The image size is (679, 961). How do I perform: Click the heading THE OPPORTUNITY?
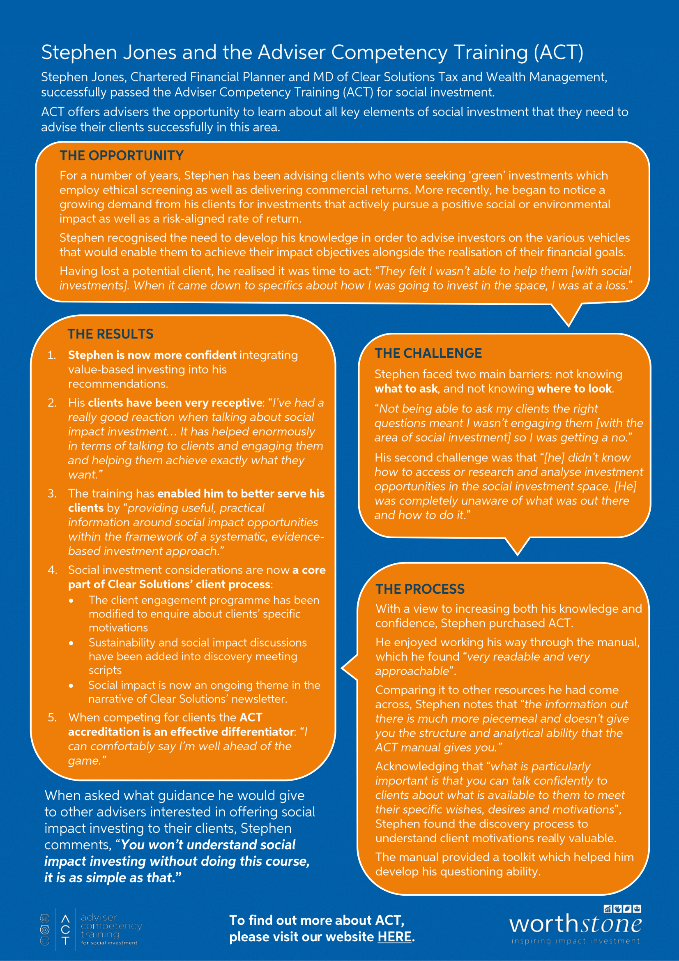tap(121, 156)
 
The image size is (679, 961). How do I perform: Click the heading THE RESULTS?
tap(110, 334)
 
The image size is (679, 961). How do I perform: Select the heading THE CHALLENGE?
tap(428, 353)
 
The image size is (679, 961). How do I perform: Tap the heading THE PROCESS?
tap(420, 589)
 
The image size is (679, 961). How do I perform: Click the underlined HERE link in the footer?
tap(394, 937)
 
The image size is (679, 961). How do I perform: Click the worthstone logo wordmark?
tap(575, 924)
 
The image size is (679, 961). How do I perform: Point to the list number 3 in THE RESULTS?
tap(52, 493)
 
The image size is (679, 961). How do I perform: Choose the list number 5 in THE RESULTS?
tap(52, 717)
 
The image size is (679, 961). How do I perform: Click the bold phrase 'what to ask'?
tap(406, 389)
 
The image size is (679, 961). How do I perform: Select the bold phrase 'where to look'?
tap(574, 389)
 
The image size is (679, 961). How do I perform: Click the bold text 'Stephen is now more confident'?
tap(152, 355)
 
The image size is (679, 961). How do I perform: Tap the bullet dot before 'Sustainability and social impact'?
tap(71, 643)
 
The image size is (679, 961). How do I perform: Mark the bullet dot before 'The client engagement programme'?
tap(71, 601)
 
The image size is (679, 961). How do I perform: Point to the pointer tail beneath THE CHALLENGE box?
tap(518, 545)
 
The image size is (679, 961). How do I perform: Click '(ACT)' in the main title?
tap(558, 53)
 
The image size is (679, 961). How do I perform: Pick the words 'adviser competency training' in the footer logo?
tap(111, 926)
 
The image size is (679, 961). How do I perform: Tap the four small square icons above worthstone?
tap(623, 909)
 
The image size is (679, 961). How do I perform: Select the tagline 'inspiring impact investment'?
tap(575, 941)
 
